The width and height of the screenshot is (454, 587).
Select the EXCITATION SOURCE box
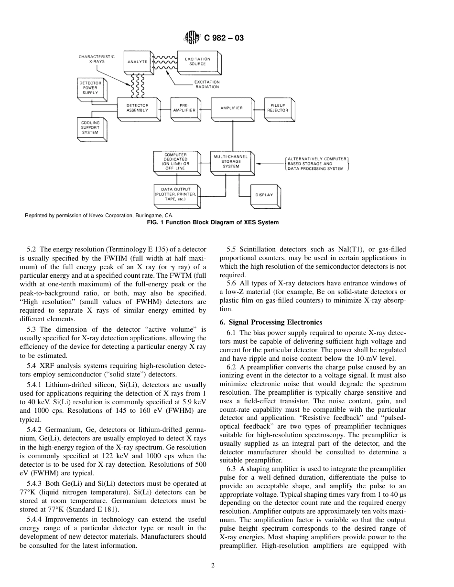197,62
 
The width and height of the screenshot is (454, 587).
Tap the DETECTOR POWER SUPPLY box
90,88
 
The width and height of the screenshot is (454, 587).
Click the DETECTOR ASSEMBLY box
137,108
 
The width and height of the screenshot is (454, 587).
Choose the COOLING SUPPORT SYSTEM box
90,127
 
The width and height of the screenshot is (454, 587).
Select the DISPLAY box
264,195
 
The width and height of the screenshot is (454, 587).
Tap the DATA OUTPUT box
175,195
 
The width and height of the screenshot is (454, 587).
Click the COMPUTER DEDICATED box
175,161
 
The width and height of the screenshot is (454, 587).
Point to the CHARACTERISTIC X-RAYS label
97,59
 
